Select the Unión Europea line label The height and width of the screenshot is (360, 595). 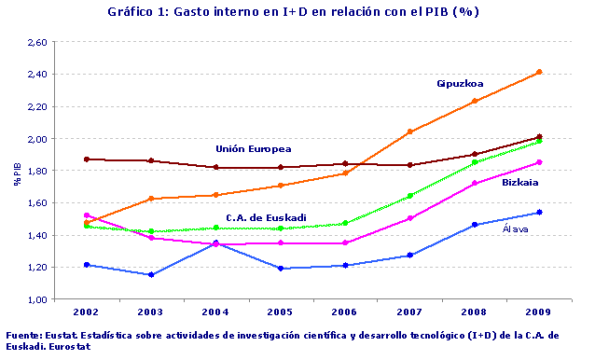(x=254, y=148)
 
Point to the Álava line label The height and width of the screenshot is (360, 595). (x=519, y=228)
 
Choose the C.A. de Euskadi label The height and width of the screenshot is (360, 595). (x=267, y=217)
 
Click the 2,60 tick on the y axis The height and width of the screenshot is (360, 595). (x=36, y=42)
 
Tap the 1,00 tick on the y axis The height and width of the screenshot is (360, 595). (x=36, y=299)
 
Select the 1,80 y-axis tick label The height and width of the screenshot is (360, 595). (x=36, y=171)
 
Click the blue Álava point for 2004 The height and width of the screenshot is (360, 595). (x=216, y=242)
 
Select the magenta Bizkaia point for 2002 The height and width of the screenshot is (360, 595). (x=87, y=215)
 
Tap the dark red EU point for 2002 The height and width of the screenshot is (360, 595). (x=87, y=159)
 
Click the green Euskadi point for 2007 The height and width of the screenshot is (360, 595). (x=409, y=196)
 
